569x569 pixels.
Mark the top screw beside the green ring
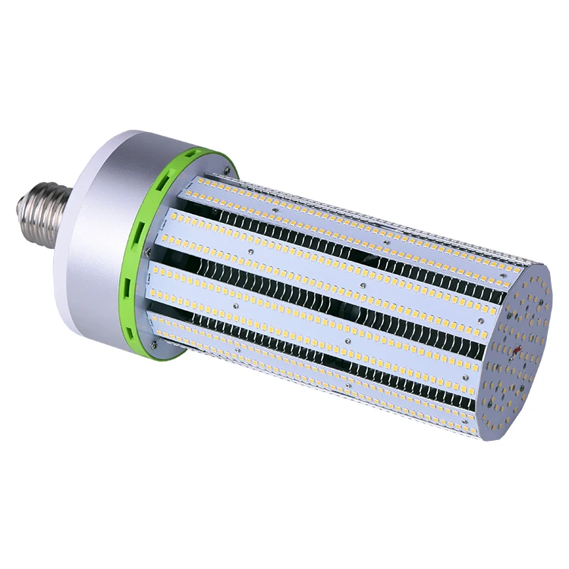click(226, 160)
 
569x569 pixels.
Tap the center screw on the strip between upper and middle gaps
click(365, 285)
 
